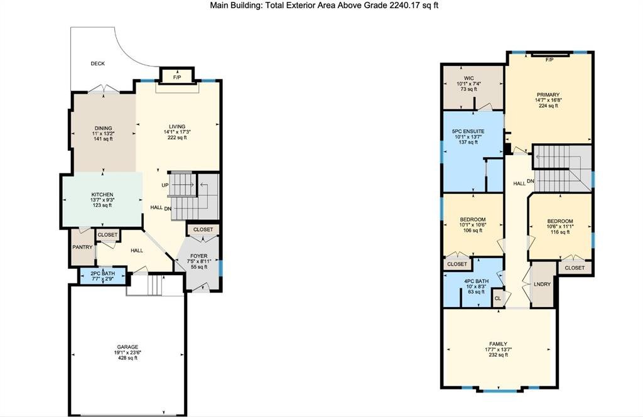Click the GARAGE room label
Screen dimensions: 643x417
[127, 347]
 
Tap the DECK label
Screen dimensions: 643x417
[97, 63]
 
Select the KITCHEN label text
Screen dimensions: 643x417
[102, 195]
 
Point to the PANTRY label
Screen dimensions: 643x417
[82, 247]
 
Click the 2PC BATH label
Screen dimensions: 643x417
[102, 273]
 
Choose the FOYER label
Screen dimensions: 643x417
[199, 256]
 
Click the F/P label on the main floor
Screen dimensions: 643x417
[177, 77]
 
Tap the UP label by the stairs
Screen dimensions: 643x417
[165, 185]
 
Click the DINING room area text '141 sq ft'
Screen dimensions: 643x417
[103, 139]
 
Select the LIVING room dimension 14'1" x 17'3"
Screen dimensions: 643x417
[177, 132]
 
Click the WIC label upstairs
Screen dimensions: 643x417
[468, 79]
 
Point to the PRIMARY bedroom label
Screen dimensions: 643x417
[548, 95]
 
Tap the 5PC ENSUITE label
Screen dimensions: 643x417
[468, 132]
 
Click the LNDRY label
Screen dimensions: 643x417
[542, 284]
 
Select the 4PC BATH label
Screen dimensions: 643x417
[476, 281]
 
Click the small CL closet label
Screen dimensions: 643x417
[497, 298]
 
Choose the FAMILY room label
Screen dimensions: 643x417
[498, 344]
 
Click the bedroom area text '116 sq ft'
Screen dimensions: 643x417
[559, 232]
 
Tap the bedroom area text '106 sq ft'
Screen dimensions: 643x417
[472, 230]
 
